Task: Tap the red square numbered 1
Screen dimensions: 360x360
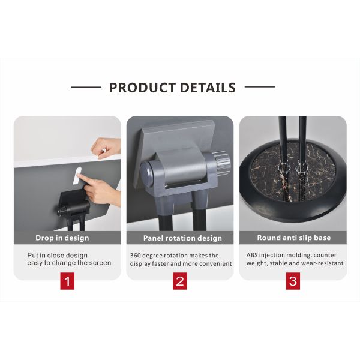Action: pyautogui.click(x=67, y=281)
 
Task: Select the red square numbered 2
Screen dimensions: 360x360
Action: pyautogui.click(x=180, y=281)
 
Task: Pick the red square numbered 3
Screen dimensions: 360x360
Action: pyautogui.click(x=292, y=281)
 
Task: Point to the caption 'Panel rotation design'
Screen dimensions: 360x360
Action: pyautogui.click(x=182, y=238)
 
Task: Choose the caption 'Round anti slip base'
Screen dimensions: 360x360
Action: pyautogui.click(x=293, y=238)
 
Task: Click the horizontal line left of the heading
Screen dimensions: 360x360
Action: pyautogui.click(x=86, y=88)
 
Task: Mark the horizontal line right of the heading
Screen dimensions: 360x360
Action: pyautogui.click(x=259, y=88)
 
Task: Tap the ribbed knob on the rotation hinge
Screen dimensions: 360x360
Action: pyautogui.click(x=223, y=163)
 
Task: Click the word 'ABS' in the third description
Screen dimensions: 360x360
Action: pyautogui.click(x=253, y=255)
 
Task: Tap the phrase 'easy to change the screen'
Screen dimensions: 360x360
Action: pyautogui.click(x=69, y=263)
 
